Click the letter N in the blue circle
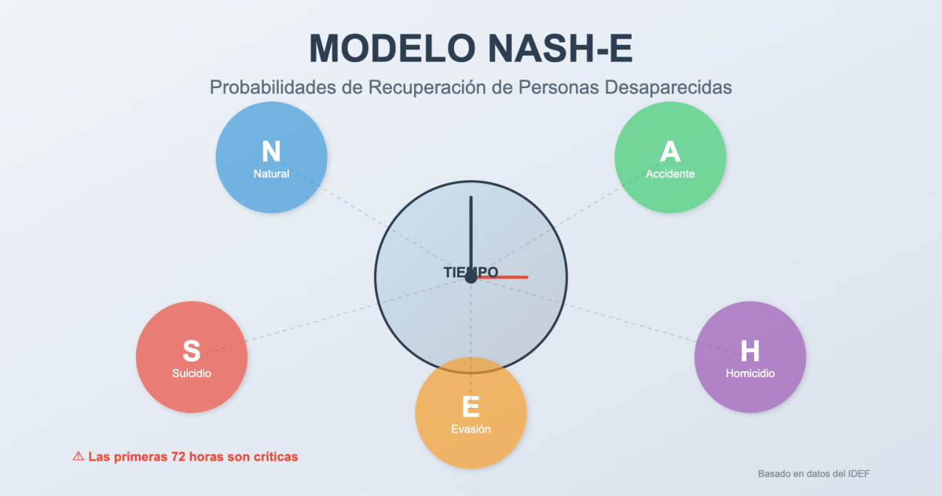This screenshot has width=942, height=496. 271,151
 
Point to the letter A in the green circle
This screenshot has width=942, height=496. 670,151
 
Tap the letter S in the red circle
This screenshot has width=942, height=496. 192,351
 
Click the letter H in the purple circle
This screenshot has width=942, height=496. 750,351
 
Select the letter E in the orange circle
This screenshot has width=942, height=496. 471,407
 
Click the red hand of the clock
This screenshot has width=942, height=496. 507,277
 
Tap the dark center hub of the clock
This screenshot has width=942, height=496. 471,277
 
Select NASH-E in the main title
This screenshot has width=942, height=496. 560,49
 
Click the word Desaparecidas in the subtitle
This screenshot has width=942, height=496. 668,87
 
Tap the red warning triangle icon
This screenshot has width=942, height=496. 78,456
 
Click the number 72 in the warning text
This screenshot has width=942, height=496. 178,456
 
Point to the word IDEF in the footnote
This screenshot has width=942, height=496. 858,474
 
